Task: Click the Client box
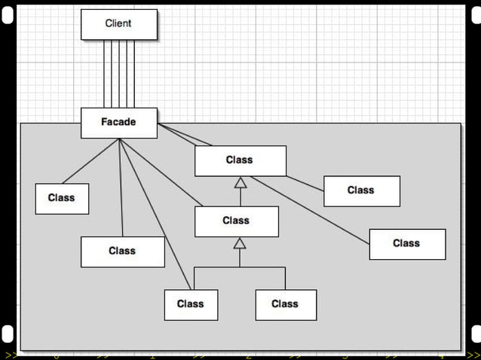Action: pos(119,24)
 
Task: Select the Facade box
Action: pos(119,123)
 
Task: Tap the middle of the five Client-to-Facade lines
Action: pos(119,74)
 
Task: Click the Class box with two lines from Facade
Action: pos(240,160)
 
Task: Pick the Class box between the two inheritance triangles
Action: pos(236,221)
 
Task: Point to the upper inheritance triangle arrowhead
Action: pos(240,182)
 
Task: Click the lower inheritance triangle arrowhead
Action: pos(240,243)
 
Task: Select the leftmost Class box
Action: pos(62,198)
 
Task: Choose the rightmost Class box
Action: pos(407,244)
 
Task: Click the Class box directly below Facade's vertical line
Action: pos(122,252)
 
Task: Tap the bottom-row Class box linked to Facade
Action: pos(191,304)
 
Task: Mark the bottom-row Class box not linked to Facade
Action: pos(285,304)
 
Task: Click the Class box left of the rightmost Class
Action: pos(361,191)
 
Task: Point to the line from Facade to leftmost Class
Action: pos(90,161)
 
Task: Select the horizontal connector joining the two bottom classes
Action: pos(240,267)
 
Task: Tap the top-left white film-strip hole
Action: pos(8,16)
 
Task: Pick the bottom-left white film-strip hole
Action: pos(8,334)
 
